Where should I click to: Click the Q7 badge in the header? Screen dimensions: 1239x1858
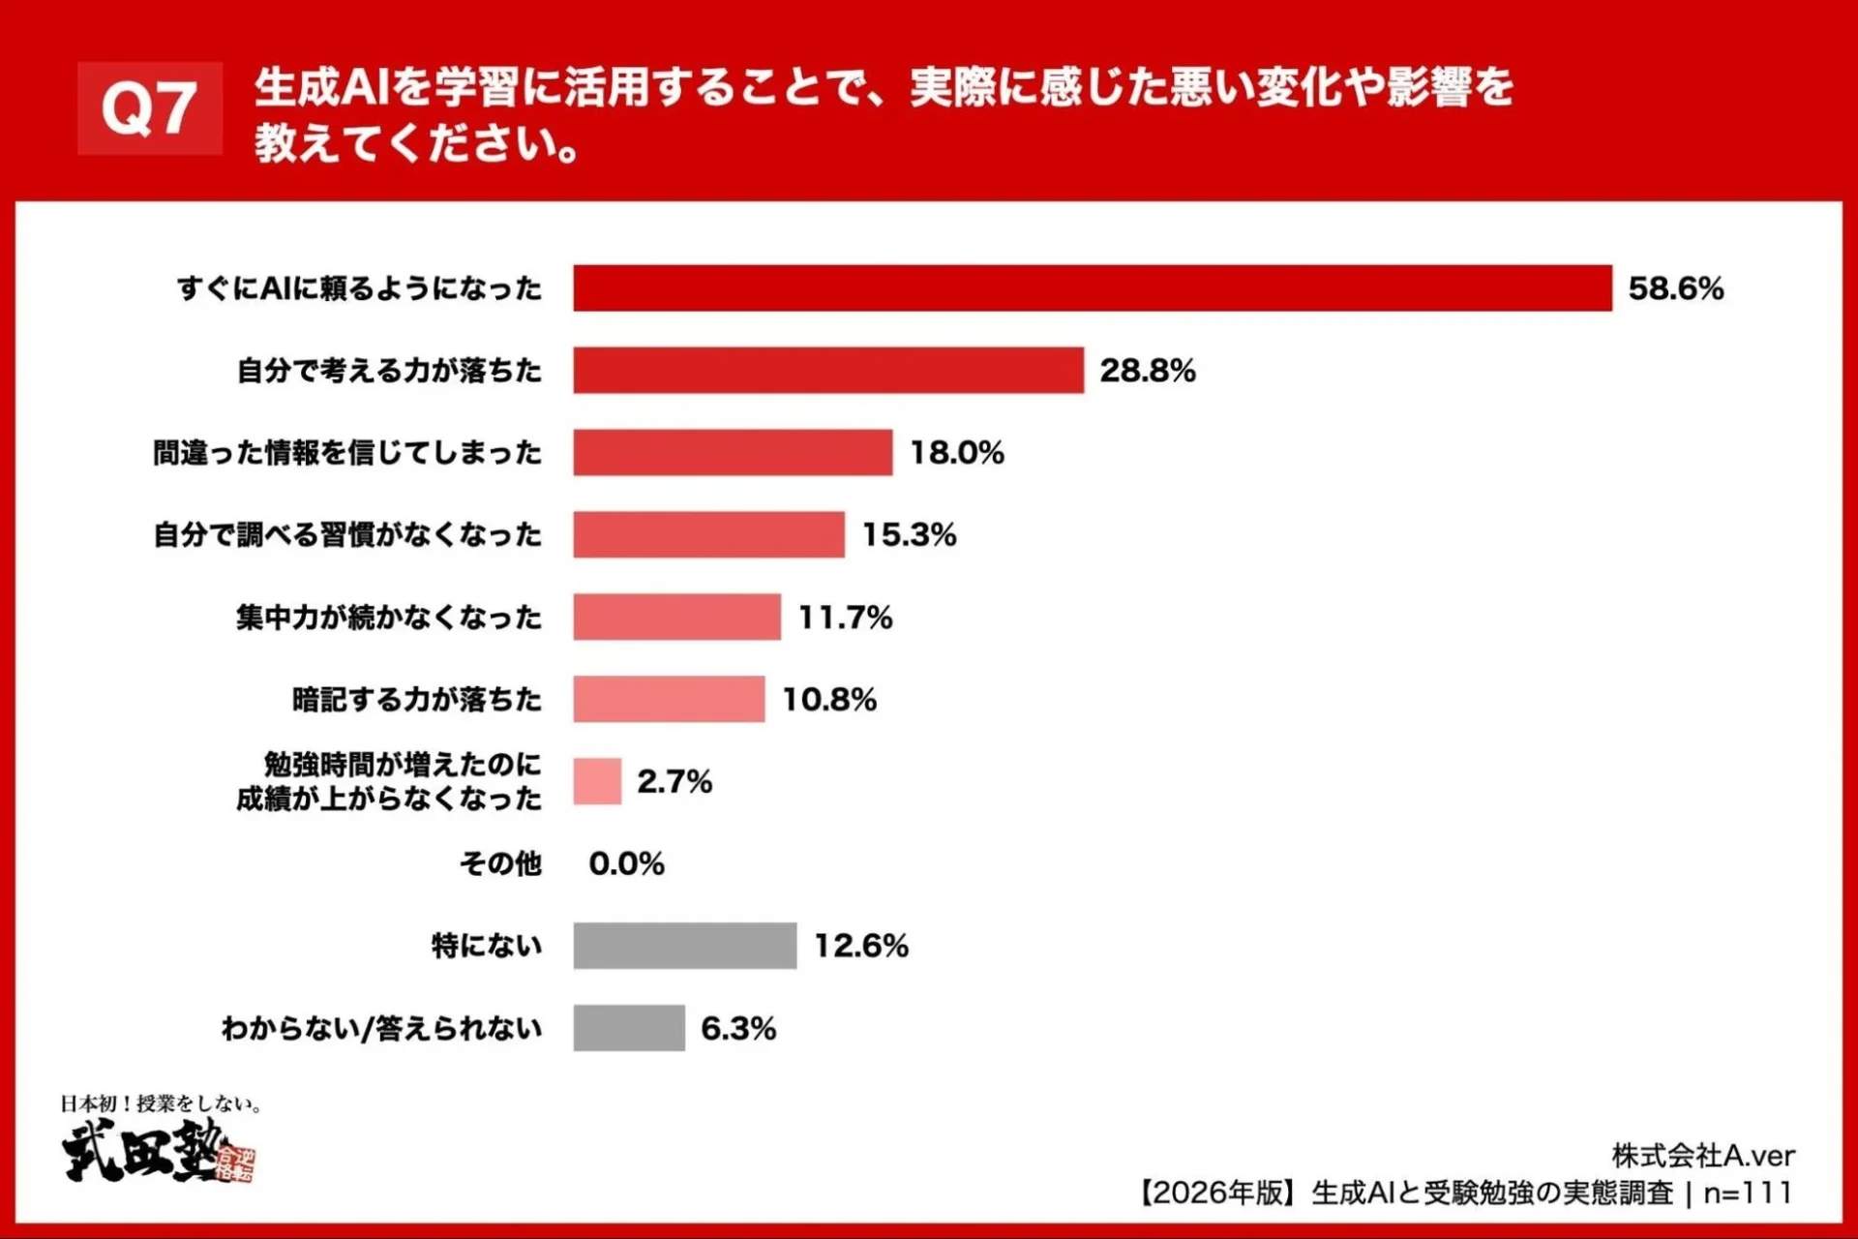click(150, 108)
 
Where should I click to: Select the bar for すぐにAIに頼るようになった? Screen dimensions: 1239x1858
click(1092, 288)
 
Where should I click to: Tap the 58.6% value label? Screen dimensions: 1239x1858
click(1676, 288)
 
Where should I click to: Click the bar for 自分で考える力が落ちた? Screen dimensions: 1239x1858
click(827, 371)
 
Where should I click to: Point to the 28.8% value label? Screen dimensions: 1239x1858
click(1148, 371)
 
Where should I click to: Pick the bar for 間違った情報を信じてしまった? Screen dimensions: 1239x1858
click(733, 453)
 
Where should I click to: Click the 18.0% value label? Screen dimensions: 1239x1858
click(957, 453)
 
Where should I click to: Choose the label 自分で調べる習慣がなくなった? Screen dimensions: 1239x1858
click(348, 535)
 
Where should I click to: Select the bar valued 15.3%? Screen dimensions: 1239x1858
click(708, 535)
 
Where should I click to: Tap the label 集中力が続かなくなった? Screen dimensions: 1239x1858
click(389, 618)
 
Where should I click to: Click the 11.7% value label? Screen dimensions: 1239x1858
click(845, 618)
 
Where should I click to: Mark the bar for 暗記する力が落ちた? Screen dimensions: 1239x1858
click(669, 699)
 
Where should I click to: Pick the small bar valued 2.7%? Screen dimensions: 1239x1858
click(597, 781)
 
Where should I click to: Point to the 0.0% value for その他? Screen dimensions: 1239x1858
click(626, 863)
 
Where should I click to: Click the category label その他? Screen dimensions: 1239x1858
click(500, 863)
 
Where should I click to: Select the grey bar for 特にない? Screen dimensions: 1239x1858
click(684, 946)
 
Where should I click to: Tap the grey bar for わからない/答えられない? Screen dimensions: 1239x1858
click(629, 1028)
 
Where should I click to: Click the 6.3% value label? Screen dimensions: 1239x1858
click(738, 1028)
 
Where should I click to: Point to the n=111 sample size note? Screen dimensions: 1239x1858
click(1748, 1193)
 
